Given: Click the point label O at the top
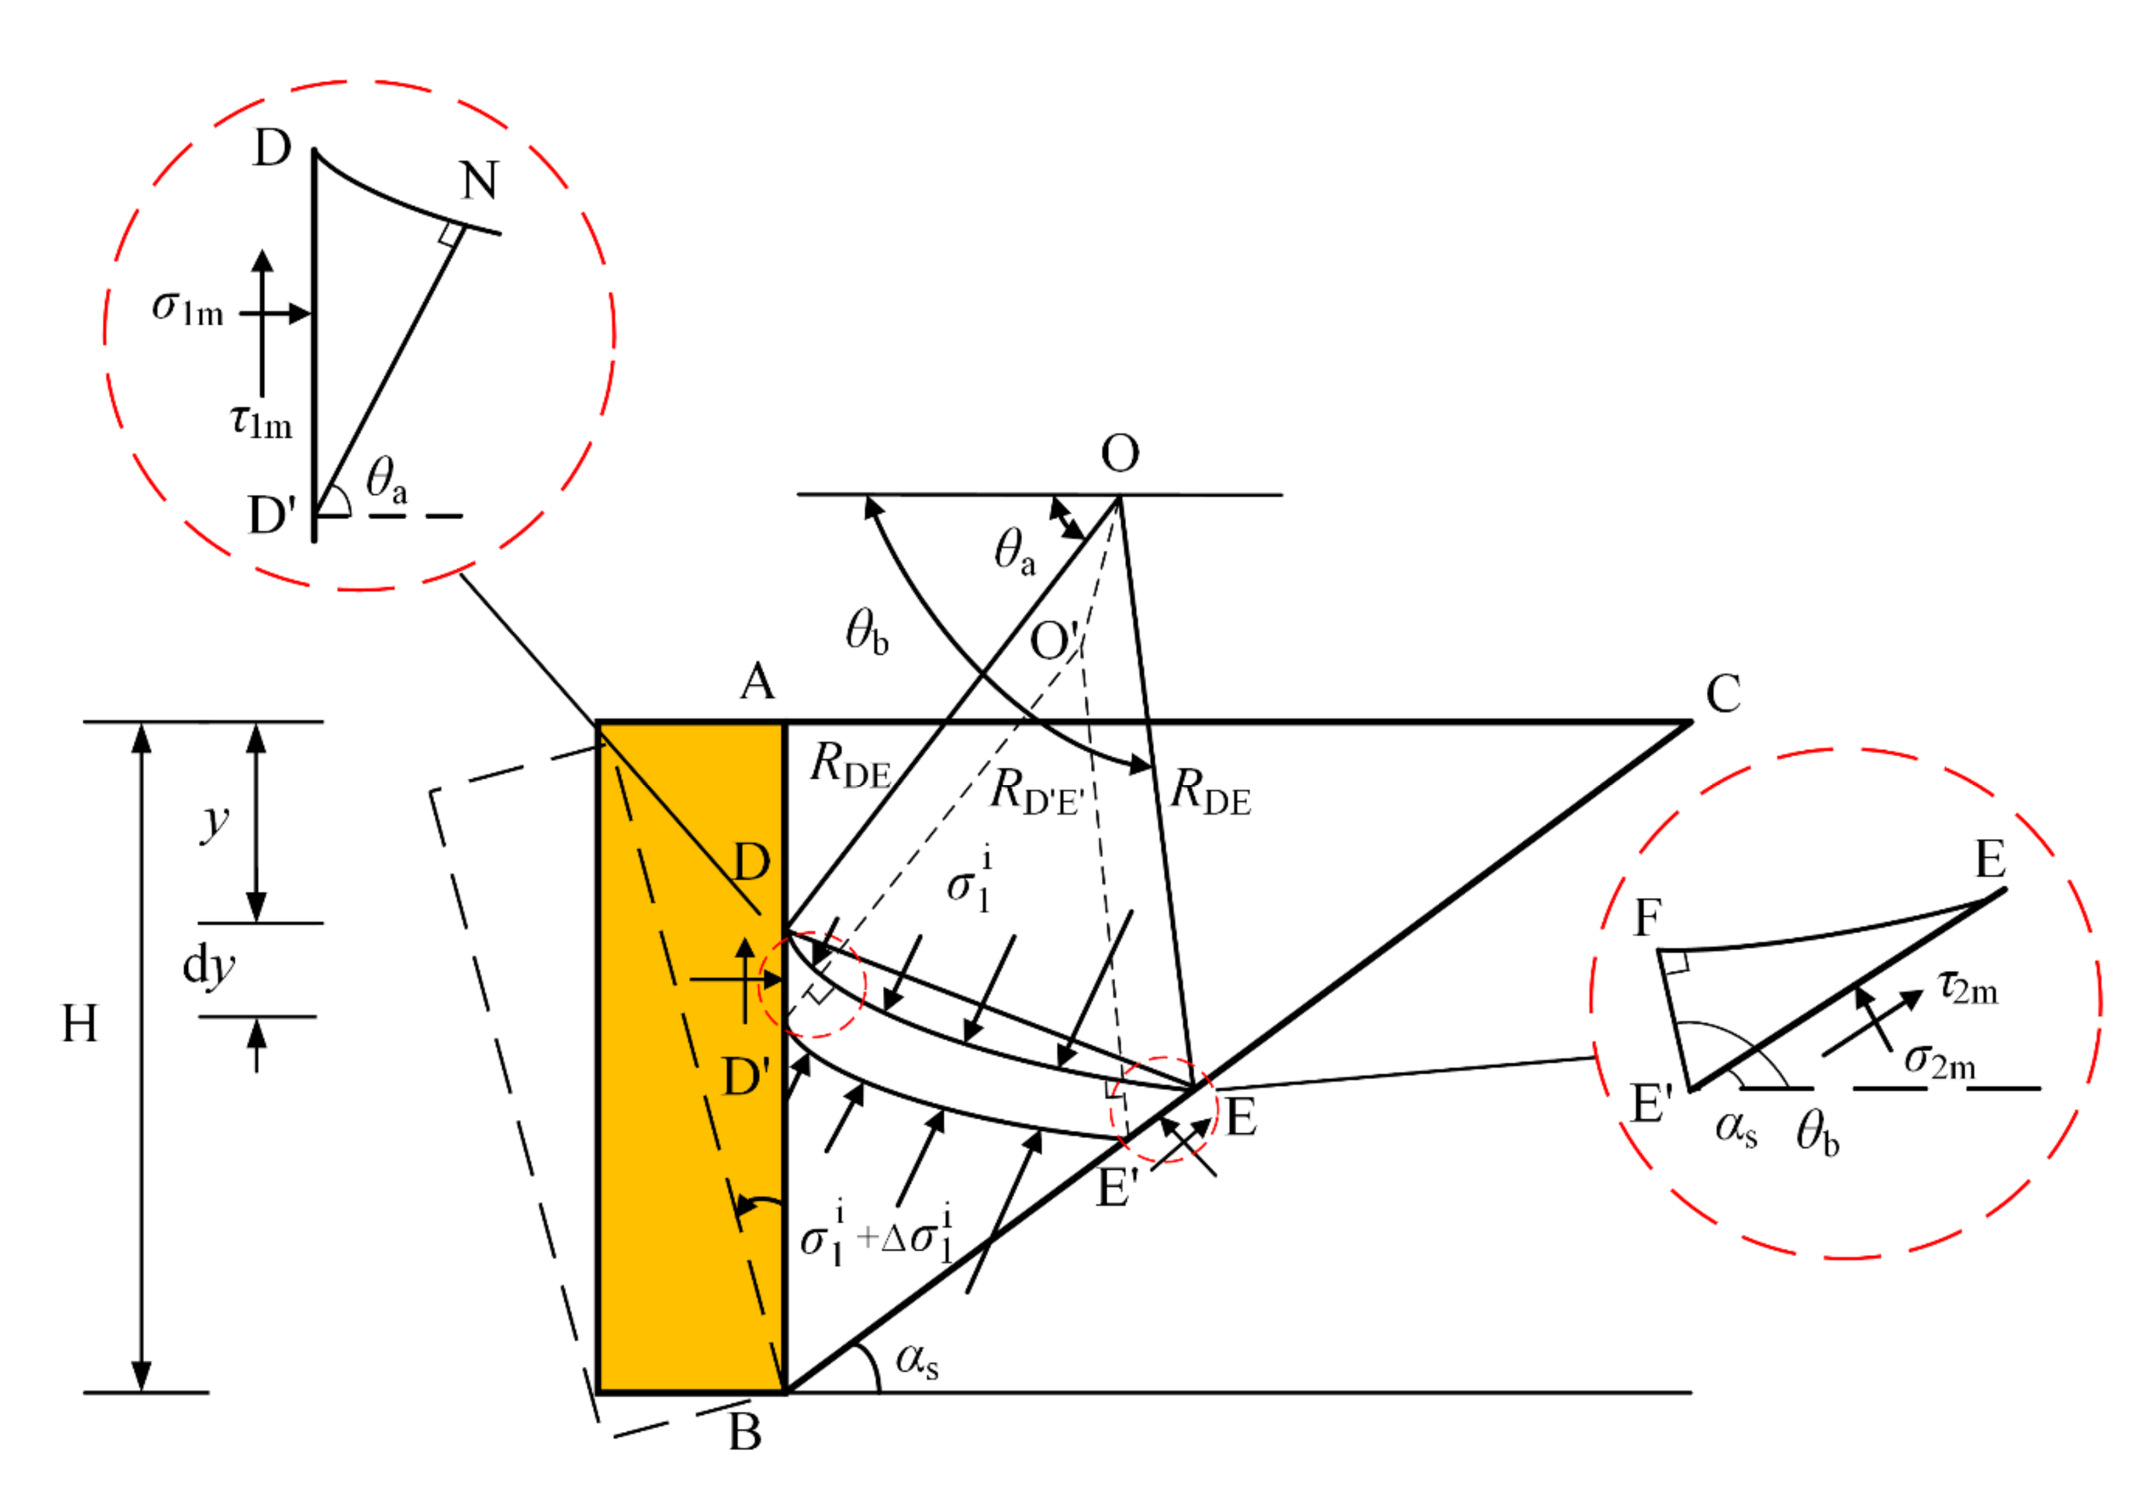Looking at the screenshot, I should click(1120, 454).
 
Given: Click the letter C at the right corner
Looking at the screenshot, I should click(1723, 695).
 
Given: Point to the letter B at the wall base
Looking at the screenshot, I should click(745, 1431).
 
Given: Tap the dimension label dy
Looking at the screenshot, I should click(208, 965).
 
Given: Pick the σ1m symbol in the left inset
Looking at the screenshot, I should click(187, 308).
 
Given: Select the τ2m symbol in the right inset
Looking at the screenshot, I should click(1968, 987).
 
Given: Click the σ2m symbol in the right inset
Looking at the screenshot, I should click(1939, 1061).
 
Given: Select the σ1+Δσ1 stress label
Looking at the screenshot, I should click(877, 1236).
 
